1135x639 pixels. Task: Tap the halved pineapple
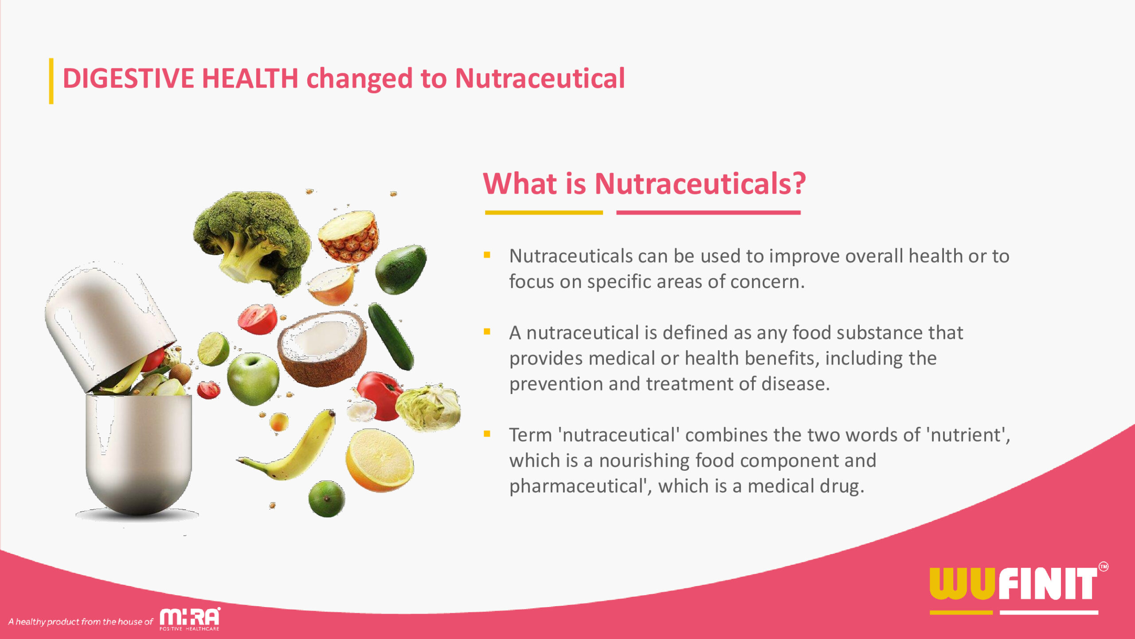click(348, 236)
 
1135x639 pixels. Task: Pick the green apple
click(253, 379)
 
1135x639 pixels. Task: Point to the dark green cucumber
click(391, 336)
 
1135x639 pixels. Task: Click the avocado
click(401, 269)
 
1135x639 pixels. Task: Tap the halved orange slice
click(379, 460)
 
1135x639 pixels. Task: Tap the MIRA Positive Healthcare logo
click(190, 619)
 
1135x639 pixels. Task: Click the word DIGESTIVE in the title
click(129, 79)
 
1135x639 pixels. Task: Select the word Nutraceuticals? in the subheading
click(700, 183)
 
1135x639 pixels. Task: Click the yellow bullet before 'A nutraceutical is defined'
click(487, 331)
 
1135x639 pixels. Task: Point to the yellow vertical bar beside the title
click(51, 81)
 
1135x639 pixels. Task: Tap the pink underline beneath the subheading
click(708, 213)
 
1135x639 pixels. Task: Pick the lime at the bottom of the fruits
click(326, 499)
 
